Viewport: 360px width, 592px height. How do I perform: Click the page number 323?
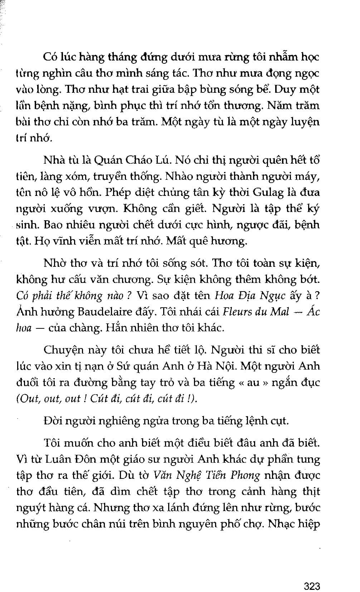pyautogui.click(x=311, y=576)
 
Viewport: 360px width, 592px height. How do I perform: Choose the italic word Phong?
pyautogui.click(x=245, y=475)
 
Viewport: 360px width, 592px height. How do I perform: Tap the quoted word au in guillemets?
pyautogui.click(x=253, y=382)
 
